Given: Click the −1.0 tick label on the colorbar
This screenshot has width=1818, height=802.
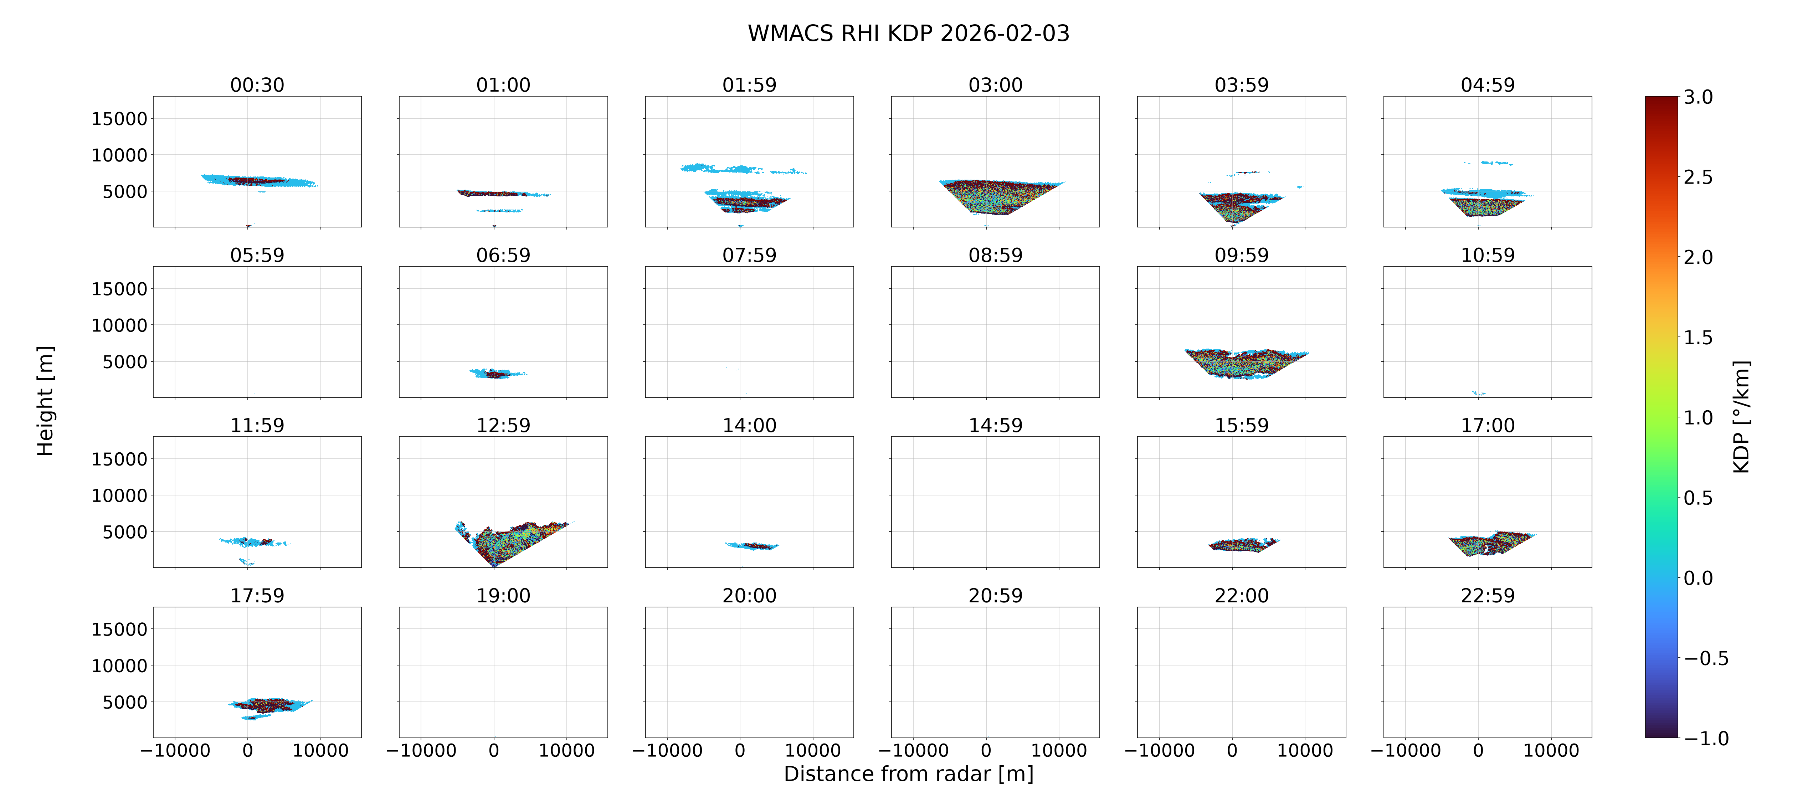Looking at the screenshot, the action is point(1706,739).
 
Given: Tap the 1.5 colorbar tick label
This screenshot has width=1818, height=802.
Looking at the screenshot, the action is point(1698,338).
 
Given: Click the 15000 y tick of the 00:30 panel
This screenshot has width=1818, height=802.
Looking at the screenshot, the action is point(119,119).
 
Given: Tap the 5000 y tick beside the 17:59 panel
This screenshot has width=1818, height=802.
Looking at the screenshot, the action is point(125,703).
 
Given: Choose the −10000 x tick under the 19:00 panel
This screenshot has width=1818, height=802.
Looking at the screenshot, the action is point(421,750).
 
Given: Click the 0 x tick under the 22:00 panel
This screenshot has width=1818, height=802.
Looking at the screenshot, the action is point(1232,750).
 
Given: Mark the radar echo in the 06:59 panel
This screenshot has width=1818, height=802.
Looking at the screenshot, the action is point(498,374).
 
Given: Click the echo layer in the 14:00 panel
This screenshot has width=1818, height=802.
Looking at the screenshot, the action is point(752,546).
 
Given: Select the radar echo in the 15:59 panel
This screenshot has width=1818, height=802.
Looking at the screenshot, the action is point(1243,544).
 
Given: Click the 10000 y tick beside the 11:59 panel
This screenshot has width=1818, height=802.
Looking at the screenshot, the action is point(119,495).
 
